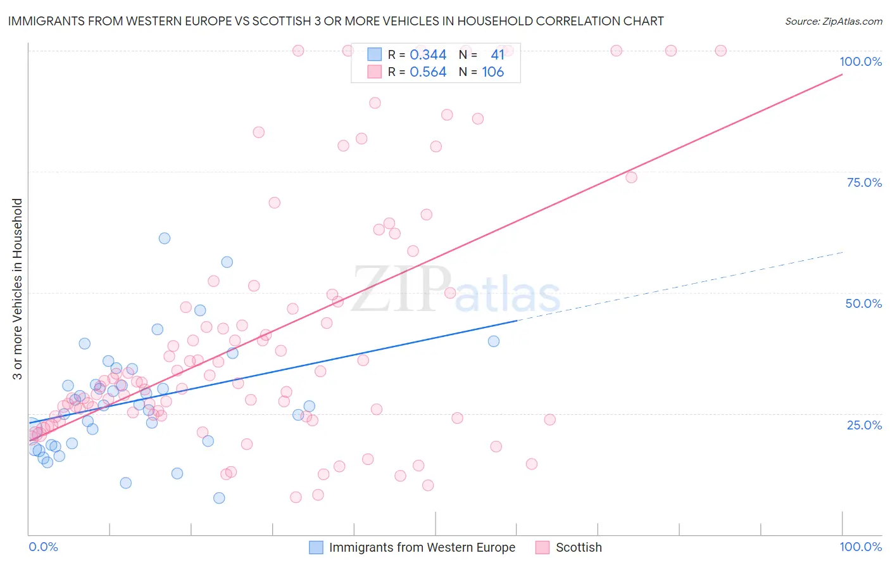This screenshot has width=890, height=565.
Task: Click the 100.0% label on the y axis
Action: click(860, 61)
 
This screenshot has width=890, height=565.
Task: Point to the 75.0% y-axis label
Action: click(864, 182)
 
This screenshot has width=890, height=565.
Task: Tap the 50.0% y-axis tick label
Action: click(863, 303)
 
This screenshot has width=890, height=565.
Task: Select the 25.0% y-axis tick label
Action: click(864, 424)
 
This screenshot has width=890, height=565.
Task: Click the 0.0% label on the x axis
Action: click(43, 547)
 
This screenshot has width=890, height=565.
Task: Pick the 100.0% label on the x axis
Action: click(860, 547)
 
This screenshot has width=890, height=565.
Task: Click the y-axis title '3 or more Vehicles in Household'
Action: click(18, 289)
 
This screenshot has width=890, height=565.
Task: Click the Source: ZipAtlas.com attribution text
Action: click(833, 22)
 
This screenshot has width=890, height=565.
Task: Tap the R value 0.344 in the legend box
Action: click(428, 55)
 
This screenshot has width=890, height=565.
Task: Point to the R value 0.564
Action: click(428, 72)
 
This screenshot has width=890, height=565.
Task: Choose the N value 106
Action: click(492, 72)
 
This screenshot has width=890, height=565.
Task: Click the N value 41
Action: click(498, 55)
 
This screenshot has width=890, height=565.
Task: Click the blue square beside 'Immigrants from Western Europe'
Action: click(316, 547)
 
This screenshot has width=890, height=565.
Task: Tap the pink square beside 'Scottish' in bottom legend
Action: click(542, 547)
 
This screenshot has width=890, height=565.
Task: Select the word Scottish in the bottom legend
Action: click(579, 547)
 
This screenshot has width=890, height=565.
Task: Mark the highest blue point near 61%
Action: click(165, 238)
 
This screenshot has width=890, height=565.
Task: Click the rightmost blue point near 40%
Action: click(494, 341)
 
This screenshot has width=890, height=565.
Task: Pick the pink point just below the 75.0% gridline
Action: click(631, 177)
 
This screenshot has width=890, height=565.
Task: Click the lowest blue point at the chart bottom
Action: click(219, 498)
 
